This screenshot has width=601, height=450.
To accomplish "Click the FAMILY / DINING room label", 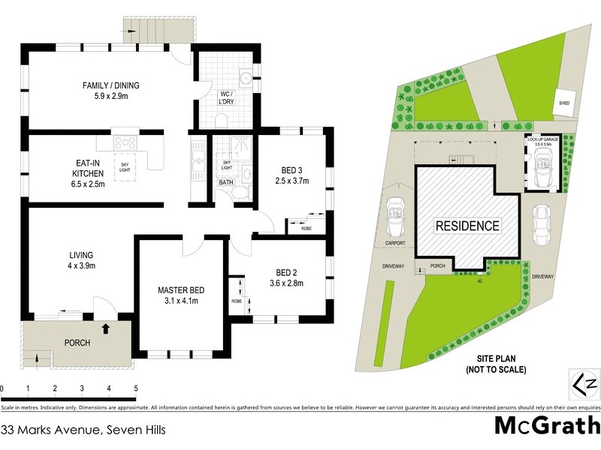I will coord(110,85).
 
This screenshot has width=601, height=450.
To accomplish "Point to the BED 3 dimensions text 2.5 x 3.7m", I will coord(292,181).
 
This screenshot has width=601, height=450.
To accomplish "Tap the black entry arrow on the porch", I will coord(105,327).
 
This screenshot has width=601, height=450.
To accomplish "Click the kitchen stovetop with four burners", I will coord(125,143).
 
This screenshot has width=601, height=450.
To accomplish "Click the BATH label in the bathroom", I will coord(225,182).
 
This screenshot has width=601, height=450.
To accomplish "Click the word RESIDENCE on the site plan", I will coord(467,225).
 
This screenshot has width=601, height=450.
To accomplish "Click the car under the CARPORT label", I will coord(394,217).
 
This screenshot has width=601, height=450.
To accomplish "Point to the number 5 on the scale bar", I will coord(136,388).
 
